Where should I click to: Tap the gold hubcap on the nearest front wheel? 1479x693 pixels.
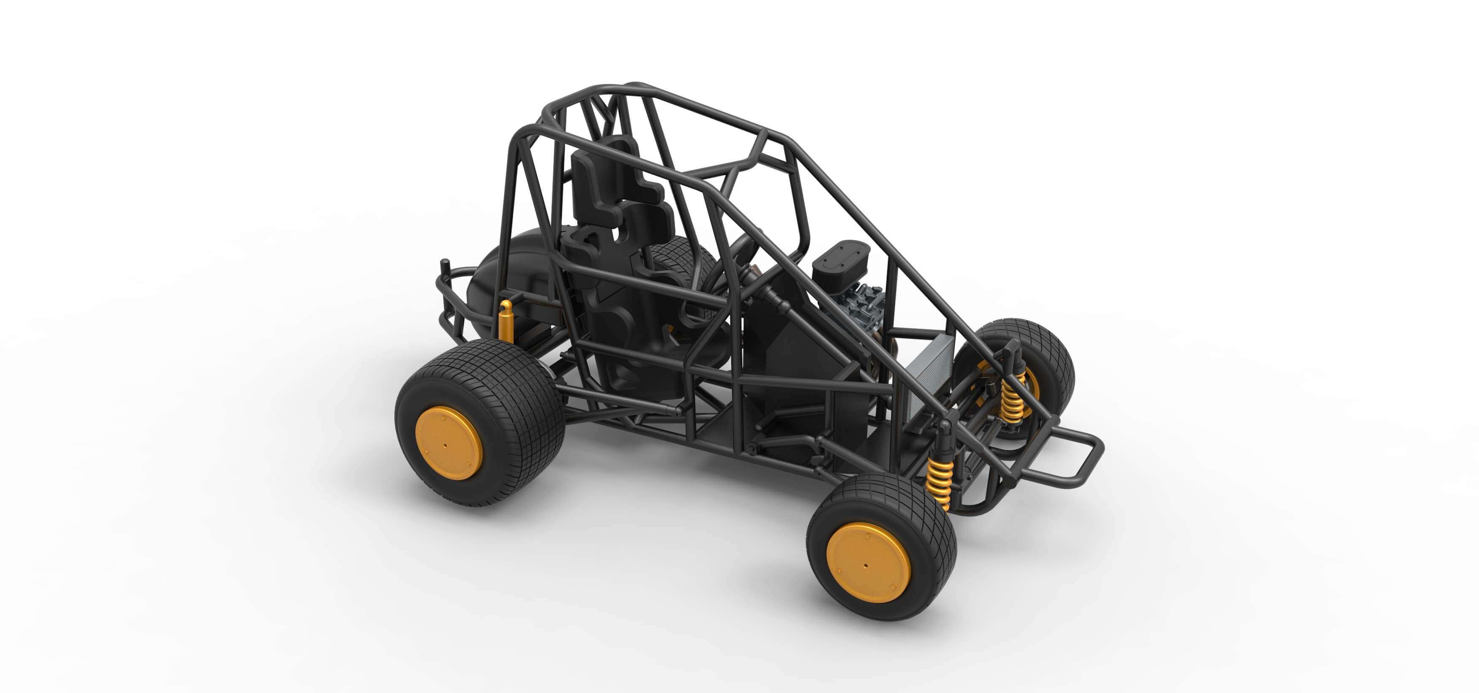tap(868, 563)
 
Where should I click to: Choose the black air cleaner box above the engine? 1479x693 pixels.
tap(842, 264)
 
